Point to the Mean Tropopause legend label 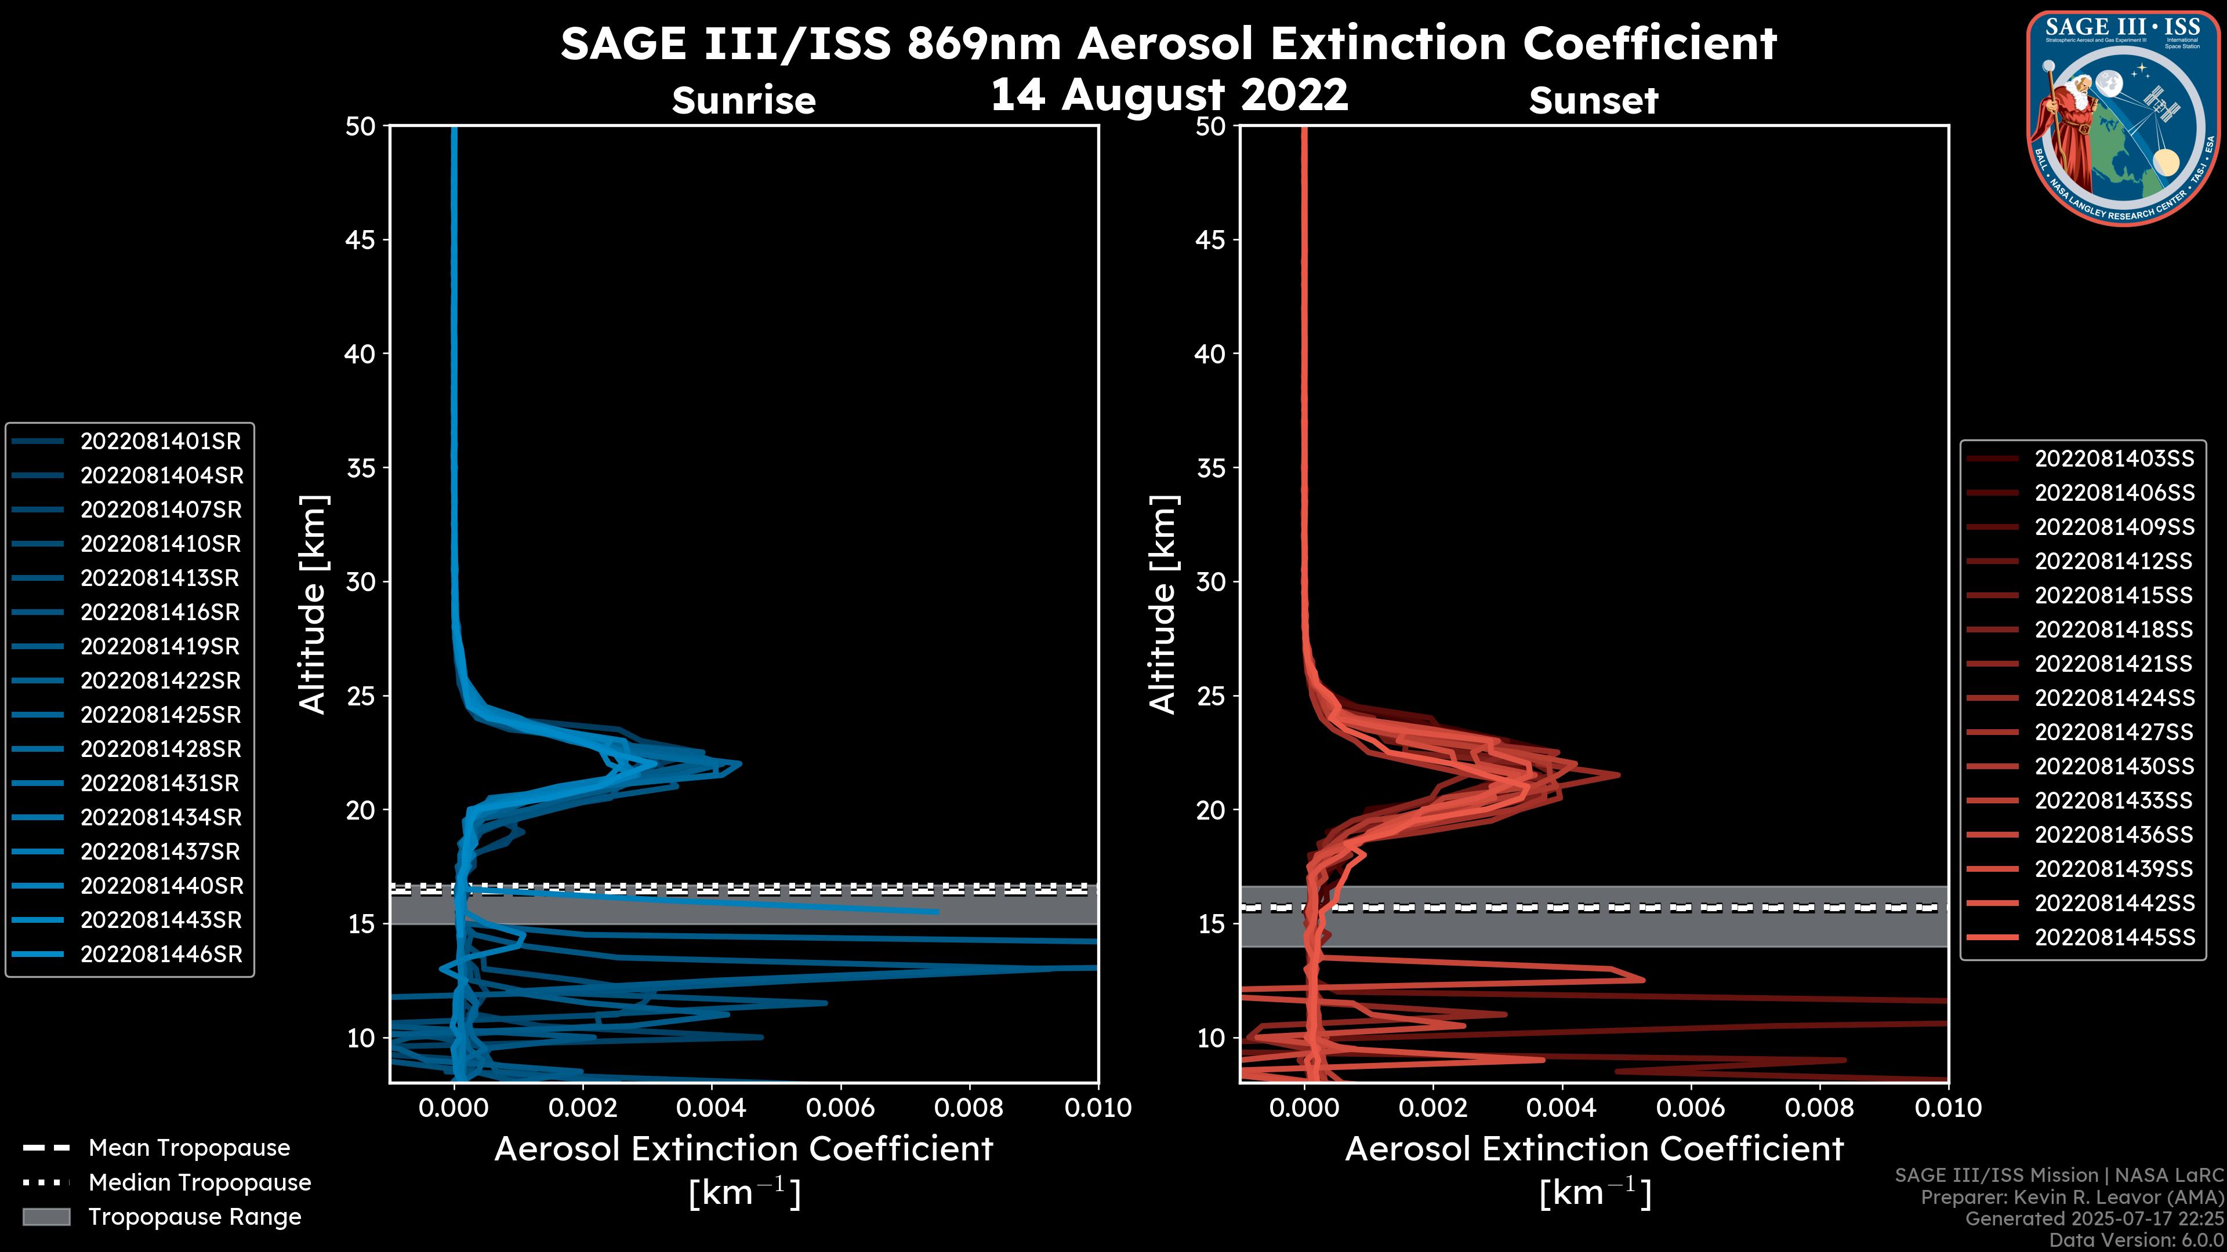coord(189,1148)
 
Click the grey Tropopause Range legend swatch coord(46,1217)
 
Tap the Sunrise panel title coord(743,100)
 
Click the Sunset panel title coord(1593,100)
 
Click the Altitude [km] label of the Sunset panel coord(1163,604)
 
